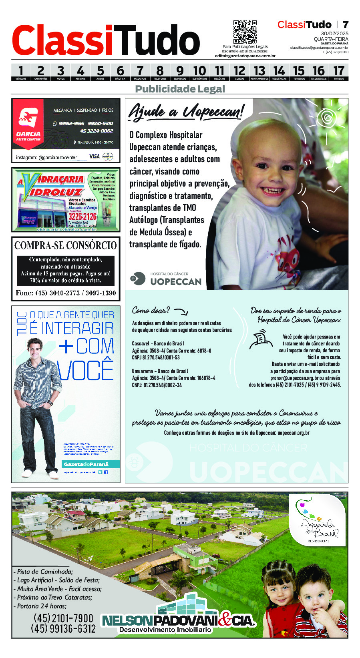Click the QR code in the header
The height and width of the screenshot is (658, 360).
click(x=245, y=32)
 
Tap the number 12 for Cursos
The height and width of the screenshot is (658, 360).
click(x=239, y=71)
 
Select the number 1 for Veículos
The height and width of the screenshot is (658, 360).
click(x=21, y=71)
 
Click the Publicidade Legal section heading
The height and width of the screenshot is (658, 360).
click(x=180, y=89)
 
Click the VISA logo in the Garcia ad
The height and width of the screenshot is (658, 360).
click(x=95, y=156)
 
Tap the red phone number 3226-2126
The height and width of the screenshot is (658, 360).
click(x=82, y=217)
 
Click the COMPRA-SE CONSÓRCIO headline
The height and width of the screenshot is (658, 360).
click(x=66, y=245)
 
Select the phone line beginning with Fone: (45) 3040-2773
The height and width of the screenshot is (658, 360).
click(x=66, y=293)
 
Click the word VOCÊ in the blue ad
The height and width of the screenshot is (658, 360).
click(x=86, y=370)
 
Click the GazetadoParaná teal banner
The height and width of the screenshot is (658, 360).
click(x=86, y=464)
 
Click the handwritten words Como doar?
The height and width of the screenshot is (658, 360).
click(x=151, y=310)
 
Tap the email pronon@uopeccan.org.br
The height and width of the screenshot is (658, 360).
click(x=294, y=378)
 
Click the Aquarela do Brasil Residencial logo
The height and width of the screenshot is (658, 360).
click(x=319, y=520)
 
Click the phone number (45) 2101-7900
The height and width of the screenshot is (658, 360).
click(x=63, y=618)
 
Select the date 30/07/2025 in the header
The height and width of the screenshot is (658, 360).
click(x=334, y=34)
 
